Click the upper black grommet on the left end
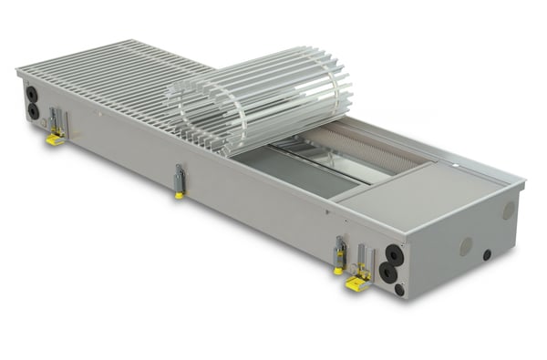point(33,93)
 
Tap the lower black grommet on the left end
point(34,110)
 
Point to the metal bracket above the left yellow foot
point(57,119)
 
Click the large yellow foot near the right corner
point(356,283)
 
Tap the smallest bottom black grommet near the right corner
point(399,289)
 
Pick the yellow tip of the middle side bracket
point(180,193)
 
